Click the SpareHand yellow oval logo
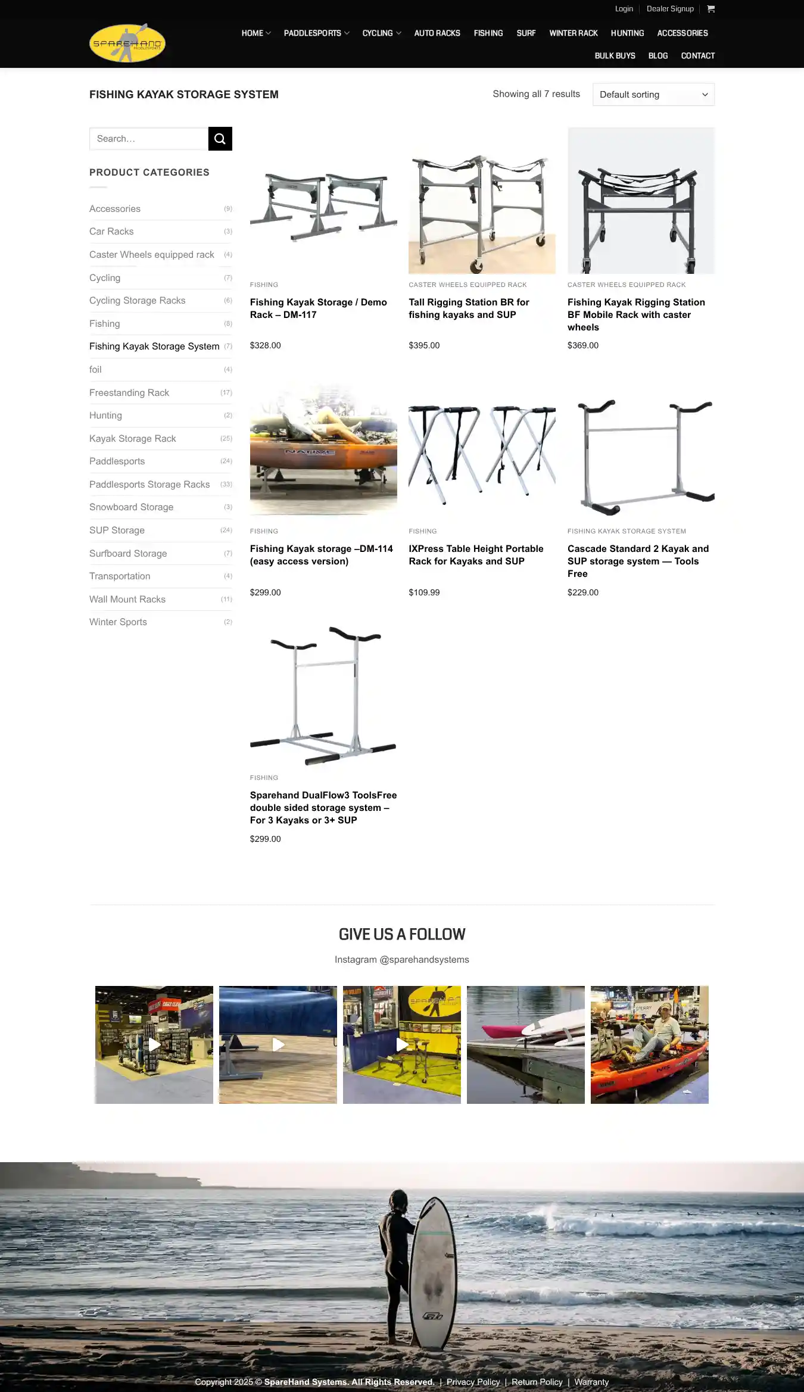click(127, 43)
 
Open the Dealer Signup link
click(670, 9)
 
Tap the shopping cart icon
click(710, 9)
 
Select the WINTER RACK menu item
click(573, 33)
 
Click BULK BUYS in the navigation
click(615, 56)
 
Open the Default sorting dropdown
click(653, 95)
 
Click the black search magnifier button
click(220, 139)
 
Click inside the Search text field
click(149, 139)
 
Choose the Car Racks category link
click(111, 232)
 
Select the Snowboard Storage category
click(131, 507)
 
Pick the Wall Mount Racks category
click(127, 600)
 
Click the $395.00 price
click(424, 345)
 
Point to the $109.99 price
click(424, 592)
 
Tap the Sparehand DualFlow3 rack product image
click(323, 694)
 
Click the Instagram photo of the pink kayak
click(525, 1044)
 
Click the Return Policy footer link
click(537, 1382)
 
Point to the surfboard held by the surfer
click(433, 1274)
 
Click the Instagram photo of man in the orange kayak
click(649, 1044)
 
